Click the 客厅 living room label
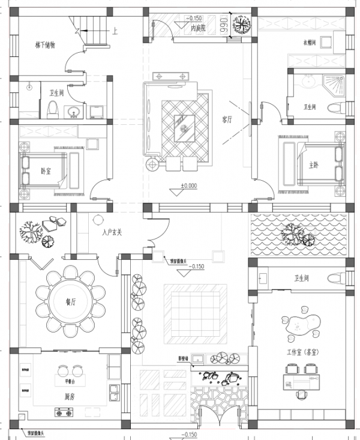227,119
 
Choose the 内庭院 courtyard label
199,28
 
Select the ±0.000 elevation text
188,185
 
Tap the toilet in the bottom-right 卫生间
336,279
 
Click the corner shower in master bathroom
333,86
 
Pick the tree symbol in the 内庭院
241,26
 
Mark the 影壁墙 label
184,359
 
